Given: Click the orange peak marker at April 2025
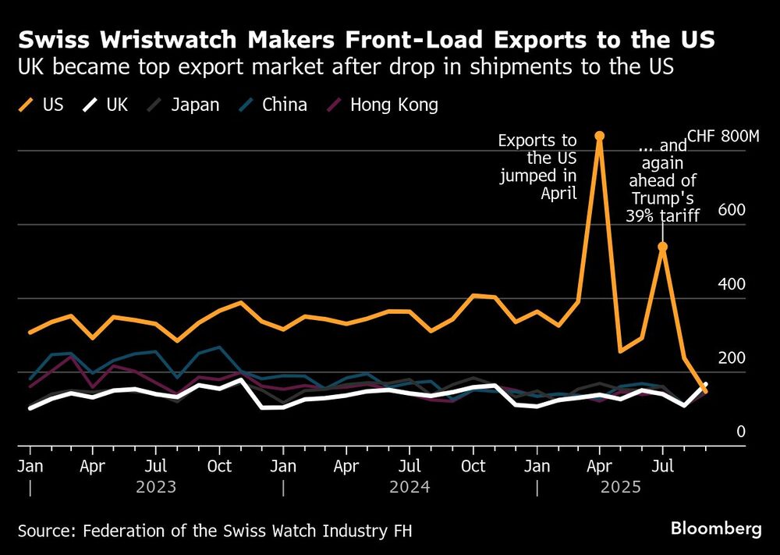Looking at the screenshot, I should coord(599,136).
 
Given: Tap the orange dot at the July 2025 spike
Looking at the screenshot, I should coord(662,247).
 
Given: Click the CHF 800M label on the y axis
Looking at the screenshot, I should coord(723,137).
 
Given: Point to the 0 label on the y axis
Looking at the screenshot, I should coord(741,432).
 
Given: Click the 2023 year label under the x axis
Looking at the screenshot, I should coord(156,487).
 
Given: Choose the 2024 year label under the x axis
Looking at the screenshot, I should coord(409,487).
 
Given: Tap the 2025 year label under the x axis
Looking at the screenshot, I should coord(620,487).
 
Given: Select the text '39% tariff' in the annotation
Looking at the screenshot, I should coord(662,215).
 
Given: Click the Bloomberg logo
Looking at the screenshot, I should coord(715,528).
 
